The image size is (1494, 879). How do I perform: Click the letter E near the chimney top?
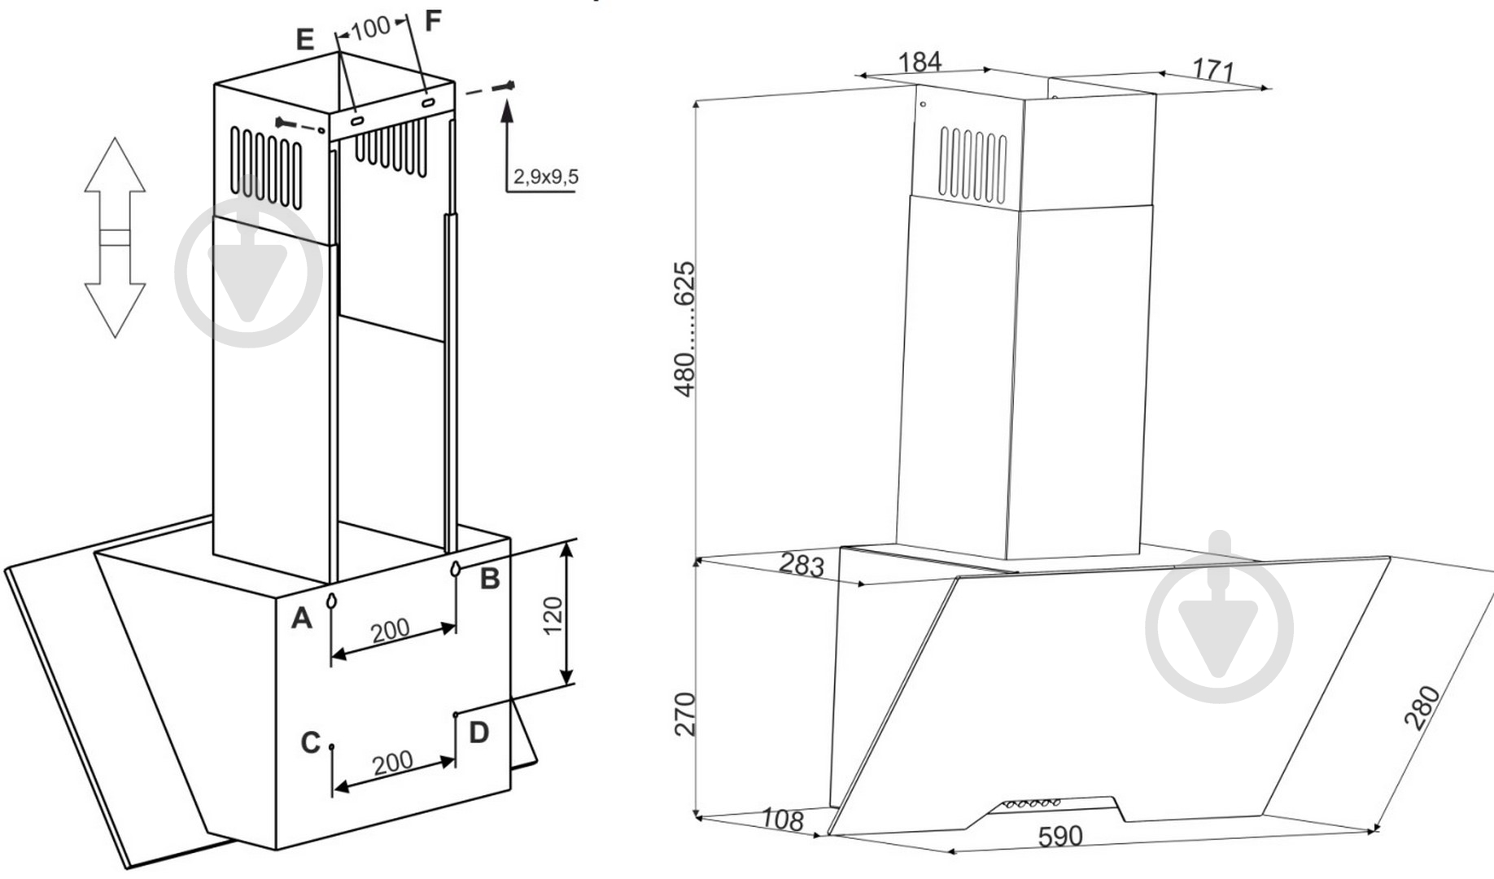[x=305, y=39]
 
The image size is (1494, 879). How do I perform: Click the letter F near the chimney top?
[x=433, y=20]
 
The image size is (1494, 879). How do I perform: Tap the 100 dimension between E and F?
[x=371, y=28]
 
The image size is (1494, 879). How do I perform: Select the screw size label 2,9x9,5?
[x=546, y=177]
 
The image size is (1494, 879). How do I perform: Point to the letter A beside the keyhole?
[x=302, y=619]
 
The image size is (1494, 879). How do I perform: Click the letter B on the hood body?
[x=489, y=579]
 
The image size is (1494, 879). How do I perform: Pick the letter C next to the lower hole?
[x=310, y=742]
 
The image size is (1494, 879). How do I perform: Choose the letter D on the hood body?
[x=478, y=732]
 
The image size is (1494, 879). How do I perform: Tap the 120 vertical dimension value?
[x=553, y=615]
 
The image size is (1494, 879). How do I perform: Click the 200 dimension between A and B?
[x=391, y=630]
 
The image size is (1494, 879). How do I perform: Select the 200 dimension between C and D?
[x=393, y=763]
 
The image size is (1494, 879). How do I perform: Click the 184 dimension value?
[x=920, y=62]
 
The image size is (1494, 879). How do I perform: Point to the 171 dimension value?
[x=1213, y=70]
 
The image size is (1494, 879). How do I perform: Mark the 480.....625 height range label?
[x=686, y=329]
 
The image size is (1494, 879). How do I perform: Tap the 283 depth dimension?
[x=802, y=565]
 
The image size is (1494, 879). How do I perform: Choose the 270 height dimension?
[x=686, y=714]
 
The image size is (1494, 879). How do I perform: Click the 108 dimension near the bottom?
[x=783, y=820]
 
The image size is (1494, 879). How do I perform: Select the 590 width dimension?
[x=1060, y=836]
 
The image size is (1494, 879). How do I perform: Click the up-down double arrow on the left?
[x=115, y=238]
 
